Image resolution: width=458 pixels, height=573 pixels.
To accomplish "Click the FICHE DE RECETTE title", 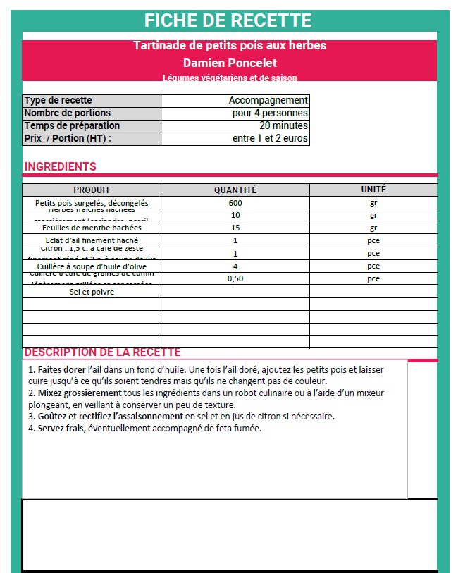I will tap(228, 20).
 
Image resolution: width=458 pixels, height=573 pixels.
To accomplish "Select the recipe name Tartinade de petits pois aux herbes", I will tap(230, 46).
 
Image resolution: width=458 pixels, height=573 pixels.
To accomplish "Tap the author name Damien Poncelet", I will tap(230, 62).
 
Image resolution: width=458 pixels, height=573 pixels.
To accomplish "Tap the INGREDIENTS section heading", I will tap(61, 167).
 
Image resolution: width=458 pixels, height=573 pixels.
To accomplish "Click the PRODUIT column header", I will tap(92, 190).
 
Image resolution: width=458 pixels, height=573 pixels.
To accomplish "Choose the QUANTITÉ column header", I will tap(235, 190).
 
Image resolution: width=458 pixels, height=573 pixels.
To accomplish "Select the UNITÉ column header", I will tap(373, 190).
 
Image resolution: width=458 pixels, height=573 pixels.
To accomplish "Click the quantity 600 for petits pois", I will tap(235, 203).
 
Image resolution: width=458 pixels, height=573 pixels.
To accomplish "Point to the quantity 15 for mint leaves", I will tap(235, 228).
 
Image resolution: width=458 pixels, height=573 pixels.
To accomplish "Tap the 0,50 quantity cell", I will tap(235, 278).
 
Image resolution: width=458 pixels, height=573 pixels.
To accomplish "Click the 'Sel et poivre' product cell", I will tap(92, 291).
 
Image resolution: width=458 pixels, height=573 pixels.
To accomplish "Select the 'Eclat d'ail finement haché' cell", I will tap(92, 240).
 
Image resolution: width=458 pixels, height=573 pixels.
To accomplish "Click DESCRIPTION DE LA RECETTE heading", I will tap(102, 352).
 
